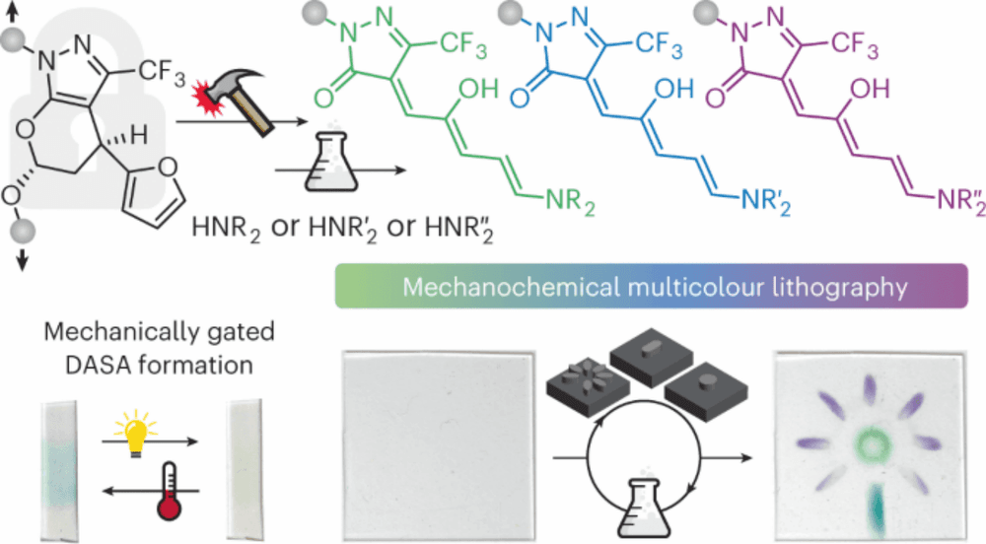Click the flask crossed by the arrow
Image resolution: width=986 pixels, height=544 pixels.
coord(331,162)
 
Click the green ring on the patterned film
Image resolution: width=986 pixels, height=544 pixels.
coord(872,444)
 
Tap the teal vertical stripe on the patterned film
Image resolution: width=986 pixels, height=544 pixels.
coord(875,509)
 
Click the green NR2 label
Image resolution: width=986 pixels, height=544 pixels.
coord(570,201)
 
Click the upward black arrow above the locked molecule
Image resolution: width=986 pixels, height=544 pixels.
coord(12,11)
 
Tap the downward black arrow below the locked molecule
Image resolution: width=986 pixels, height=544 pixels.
coord(23,257)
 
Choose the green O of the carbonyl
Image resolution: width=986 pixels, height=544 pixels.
coord(324,98)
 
